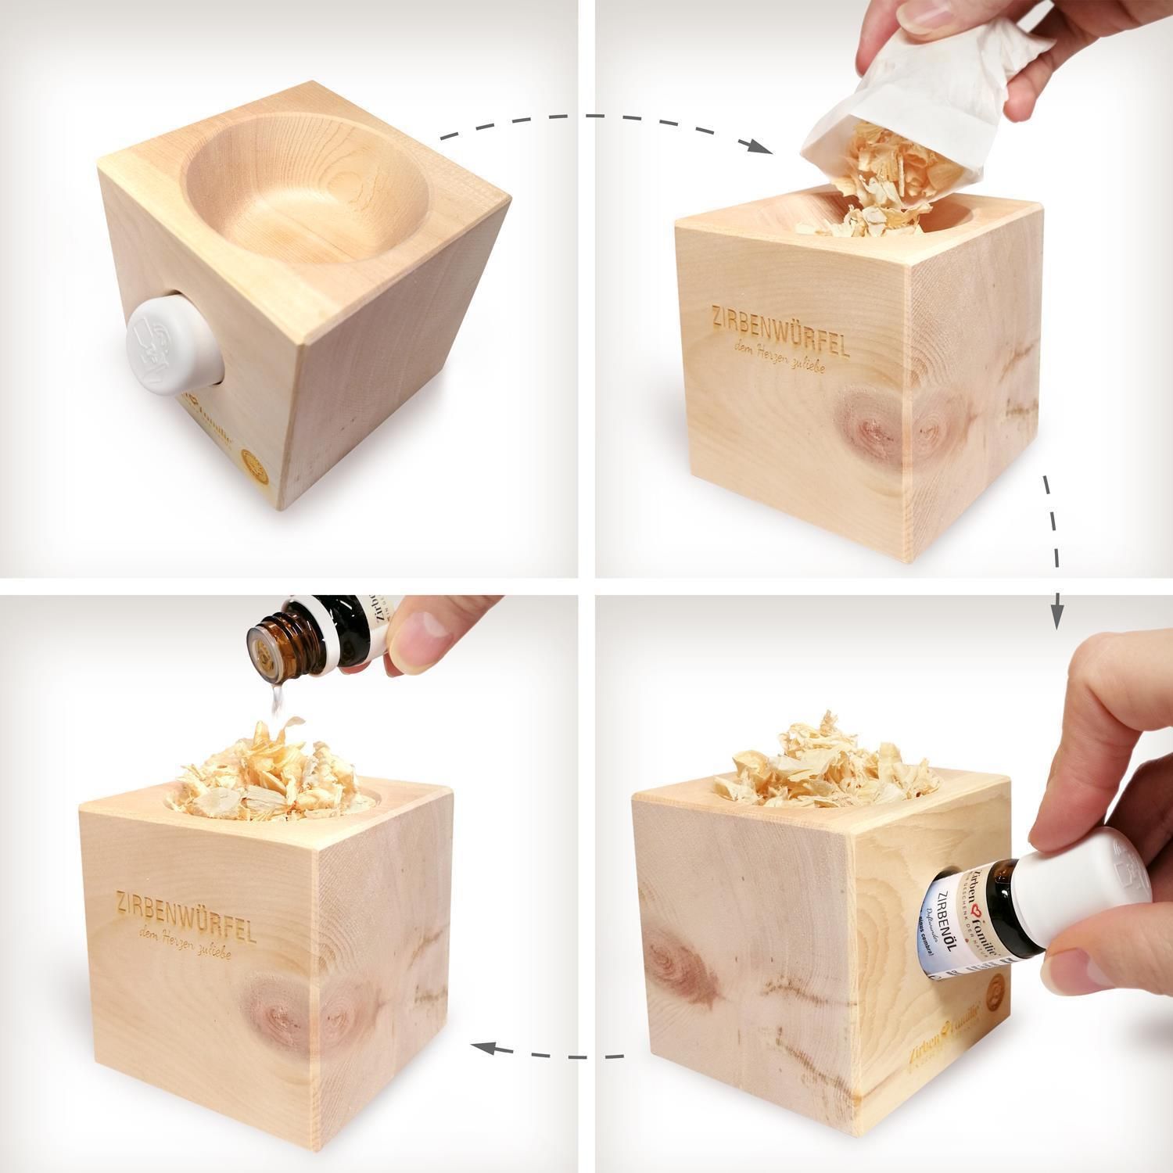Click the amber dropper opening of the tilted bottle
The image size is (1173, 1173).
264,644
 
